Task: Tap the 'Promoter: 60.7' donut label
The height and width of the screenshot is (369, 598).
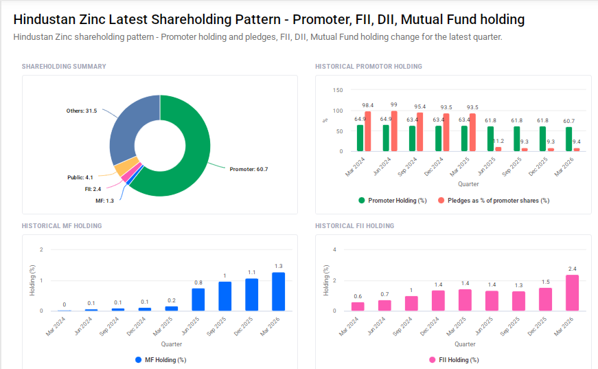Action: point(248,169)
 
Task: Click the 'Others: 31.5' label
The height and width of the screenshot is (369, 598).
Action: point(82,111)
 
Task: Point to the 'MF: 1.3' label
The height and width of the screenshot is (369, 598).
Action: point(104,200)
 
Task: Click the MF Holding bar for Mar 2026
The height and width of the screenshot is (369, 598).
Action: point(278,291)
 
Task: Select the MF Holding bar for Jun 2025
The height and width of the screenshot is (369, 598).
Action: point(198,299)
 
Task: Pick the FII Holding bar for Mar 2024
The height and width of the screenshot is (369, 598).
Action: point(358,306)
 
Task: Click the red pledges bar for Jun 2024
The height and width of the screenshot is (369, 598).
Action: point(393,131)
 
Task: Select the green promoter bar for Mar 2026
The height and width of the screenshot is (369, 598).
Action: point(568,139)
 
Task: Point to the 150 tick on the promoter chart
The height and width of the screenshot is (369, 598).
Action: point(337,90)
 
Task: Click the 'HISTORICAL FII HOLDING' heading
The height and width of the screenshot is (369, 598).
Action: point(354,225)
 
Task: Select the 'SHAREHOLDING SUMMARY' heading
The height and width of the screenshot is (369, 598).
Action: point(64,67)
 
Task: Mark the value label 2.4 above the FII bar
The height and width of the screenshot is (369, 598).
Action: point(572,269)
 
